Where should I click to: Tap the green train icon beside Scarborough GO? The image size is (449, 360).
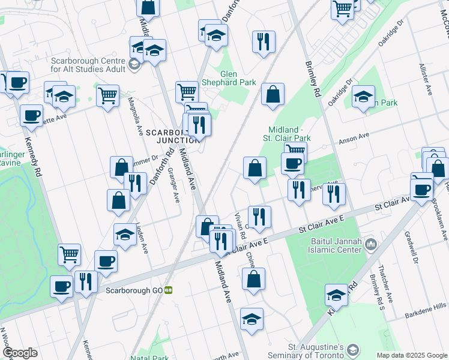point(169,290)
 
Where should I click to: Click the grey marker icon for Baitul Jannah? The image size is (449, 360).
point(371,244)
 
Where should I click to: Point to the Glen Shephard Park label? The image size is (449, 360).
point(238,78)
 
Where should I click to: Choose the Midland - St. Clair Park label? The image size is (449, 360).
point(291,135)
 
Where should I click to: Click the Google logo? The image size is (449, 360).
point(19,353)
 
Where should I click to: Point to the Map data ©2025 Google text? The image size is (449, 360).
point(412,355)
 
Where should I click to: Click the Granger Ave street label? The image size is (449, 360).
point(173,184)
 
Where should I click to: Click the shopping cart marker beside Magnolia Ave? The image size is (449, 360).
point(107,95)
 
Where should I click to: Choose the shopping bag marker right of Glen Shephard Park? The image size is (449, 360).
point(273,94)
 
